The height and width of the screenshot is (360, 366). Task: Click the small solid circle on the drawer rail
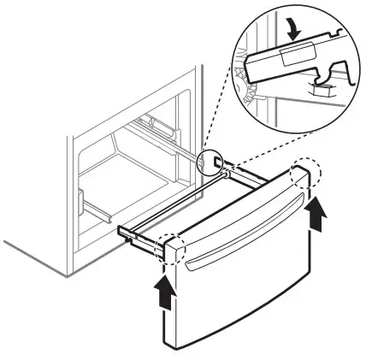point(213,162)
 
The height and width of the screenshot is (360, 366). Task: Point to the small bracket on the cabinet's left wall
point(82,204)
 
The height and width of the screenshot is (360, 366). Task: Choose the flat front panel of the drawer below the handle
point(257,291)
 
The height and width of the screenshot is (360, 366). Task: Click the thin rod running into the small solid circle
point(184,150)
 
